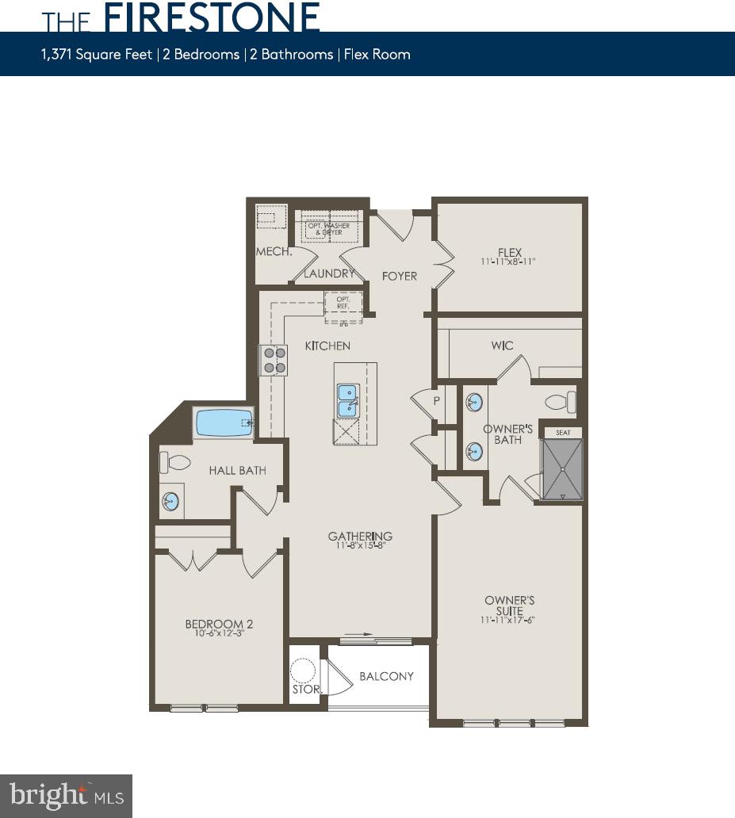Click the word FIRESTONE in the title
[x=212, y=17]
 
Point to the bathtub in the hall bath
[x=224, y=422]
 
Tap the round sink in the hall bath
[x=170, y=501]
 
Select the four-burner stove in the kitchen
[x=275, y=361]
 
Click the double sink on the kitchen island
[x=347, y=399]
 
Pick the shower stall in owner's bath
[x=562, y=469]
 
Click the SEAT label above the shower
[x=562, y=433]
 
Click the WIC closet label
[x=502, y=346]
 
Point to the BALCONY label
[x=387, y=676]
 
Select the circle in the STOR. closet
[x=304, y=671]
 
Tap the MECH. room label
[x=274, y=253]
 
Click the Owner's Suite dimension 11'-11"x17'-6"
[x=510, y=620]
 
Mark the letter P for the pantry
[x=436, y=401]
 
